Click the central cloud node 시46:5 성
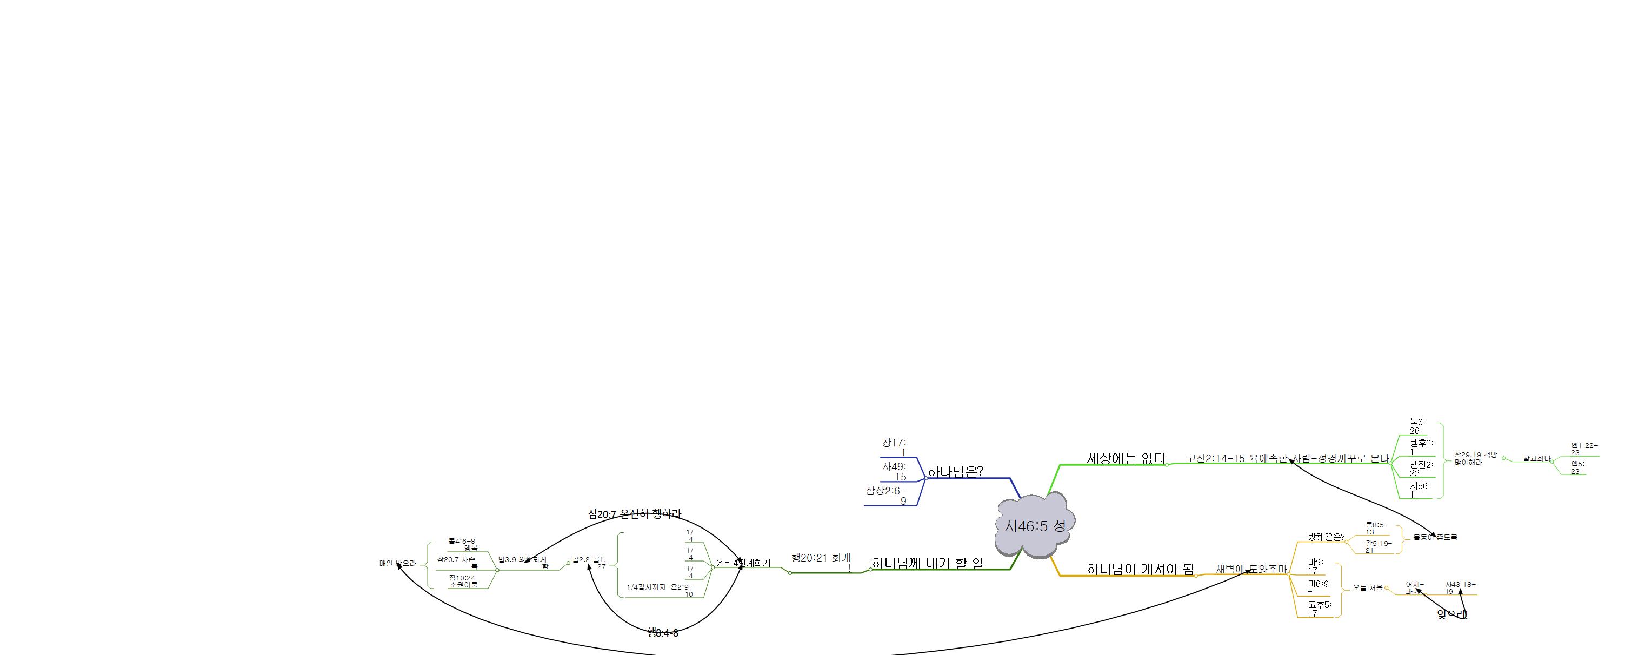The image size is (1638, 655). pyautogui.click(x=1035, y=525)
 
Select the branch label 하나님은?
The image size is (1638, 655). pyautogui.click(x=955, y=472)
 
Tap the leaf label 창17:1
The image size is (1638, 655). pyautogui.click(x=895, y=447)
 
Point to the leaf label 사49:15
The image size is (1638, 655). pyautogui.click(x=895, y=471)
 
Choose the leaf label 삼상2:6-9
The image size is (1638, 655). pyautogui.click(x=887, y=496)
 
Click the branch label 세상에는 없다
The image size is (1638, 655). pyautogui.click(x=1126, y=458)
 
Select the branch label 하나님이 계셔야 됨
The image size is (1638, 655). pyautogui.click(x=1140, y=569)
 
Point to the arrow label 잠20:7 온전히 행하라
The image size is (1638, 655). pyautogui.click(x=634, y=514)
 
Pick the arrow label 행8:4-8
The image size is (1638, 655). pyautogui.click(x=663, y=633)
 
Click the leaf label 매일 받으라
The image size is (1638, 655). pyautogui.click(x=397, y=564)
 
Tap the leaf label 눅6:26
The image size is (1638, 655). pyautogui.click(x=1417, y=426)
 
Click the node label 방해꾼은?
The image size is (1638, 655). pyautogui.click(x=1326, y=537)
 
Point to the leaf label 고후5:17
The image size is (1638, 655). pyautogui.click(x=1319, y=609)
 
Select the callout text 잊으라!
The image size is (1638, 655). pyautogui.click(x=1453, y=614)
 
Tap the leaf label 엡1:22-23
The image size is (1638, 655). pyautogui.click(x=1584, y=449)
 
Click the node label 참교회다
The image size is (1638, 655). pyautogui.click(x=1537, y=458)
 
